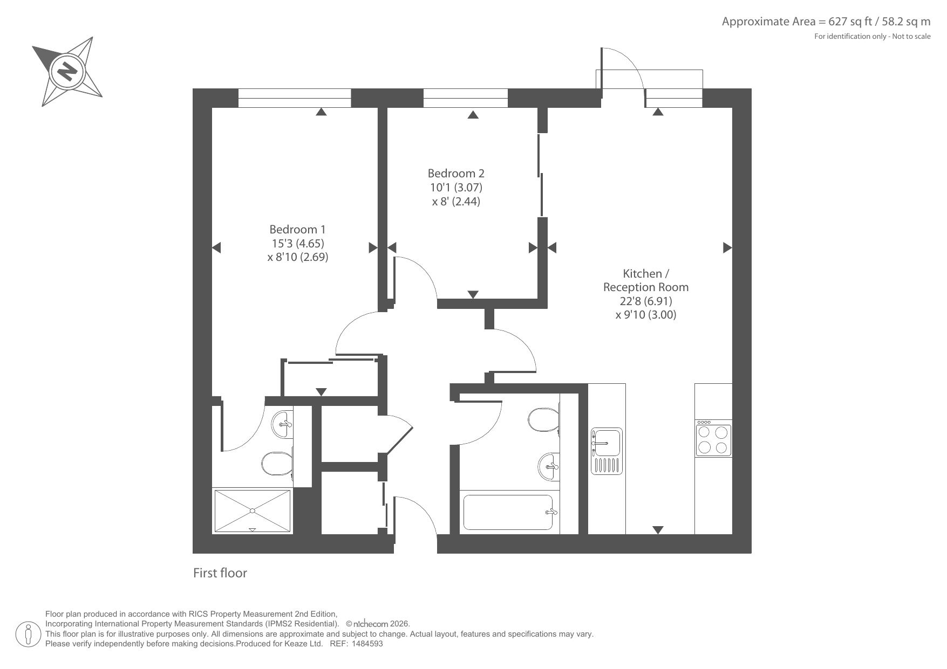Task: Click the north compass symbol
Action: (67, 71)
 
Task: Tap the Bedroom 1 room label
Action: (297, 229)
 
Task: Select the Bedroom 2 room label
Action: (456, 173)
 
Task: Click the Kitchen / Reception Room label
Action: (646, 280)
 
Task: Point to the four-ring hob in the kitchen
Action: (713, 439)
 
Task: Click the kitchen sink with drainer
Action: (607, 451)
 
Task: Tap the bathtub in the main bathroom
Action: (508, 512)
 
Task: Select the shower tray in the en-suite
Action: (253, 511)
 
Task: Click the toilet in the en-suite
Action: (277, 462)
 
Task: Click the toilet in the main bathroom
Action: (544, 419)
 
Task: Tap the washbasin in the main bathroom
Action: (549, 465)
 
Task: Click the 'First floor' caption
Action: (220, 573)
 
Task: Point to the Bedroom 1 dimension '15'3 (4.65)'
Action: (298, 243)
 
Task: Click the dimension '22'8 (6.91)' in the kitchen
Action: (645, 301)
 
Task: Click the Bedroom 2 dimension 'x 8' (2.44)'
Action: (456, 202)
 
